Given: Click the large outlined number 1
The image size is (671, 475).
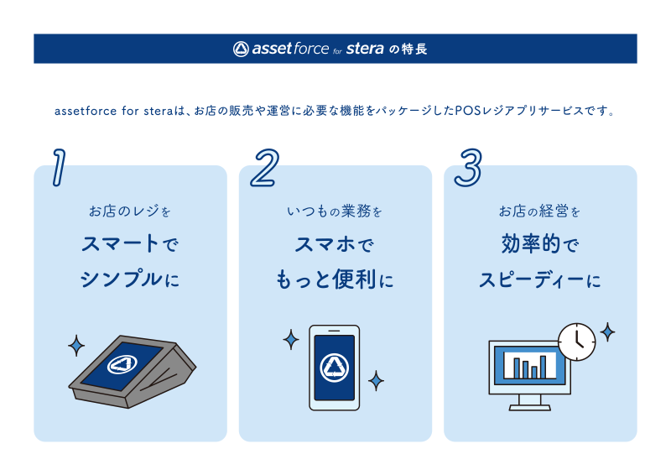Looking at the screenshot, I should pos(58,166).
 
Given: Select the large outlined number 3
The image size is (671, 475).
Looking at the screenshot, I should pos(468,166).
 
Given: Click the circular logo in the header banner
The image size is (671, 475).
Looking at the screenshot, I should pos(241,49).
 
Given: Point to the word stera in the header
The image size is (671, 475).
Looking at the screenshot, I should pos(366,49).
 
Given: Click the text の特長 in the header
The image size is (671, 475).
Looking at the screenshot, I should pos(408,50).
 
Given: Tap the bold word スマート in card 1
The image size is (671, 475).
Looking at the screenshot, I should pos(119,244).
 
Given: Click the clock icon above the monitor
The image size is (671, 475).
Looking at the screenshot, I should pos(576,341).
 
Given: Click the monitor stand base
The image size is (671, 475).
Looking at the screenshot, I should pos(530,407).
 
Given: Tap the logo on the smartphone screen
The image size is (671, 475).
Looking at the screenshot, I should pos(334,367).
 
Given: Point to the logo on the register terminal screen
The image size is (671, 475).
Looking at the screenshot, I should pos(122,365).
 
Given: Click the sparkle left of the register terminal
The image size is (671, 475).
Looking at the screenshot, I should pos(76,345).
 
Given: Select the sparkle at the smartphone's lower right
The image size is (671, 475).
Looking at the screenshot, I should pos(377,381).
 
